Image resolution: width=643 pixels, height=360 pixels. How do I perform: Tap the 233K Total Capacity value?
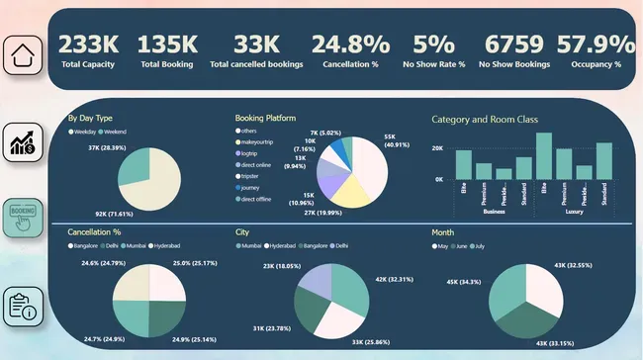pos(89,44)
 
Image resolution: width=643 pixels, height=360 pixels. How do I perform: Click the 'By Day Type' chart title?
pos(89,119)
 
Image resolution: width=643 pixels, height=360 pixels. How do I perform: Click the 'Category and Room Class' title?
pos(484,120)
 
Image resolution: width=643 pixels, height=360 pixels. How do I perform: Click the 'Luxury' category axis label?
pos(573,212)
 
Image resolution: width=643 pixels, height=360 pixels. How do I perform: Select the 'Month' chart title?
pos(443,233)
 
